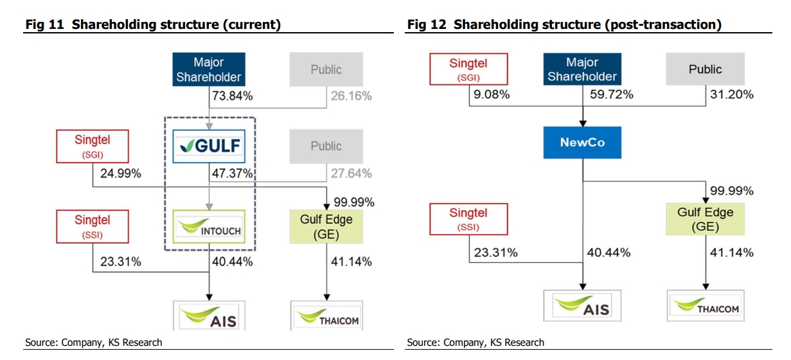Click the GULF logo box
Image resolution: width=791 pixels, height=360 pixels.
click(209, 147)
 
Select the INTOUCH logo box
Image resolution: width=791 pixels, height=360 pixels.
click(209, 226)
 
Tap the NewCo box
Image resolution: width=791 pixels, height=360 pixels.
click(582, 142)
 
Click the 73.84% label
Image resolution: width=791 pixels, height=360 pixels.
click(233, 96)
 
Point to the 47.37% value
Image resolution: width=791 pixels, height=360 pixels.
click(233, 174)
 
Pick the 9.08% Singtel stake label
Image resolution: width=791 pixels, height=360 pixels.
click(492, 94)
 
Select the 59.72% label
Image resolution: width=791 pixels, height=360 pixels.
click(612, 94)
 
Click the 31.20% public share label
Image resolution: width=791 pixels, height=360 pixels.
click(732, 94)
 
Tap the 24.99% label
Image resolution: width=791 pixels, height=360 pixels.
click(121, 174)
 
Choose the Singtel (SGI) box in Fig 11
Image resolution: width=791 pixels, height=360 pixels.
click(93, 147)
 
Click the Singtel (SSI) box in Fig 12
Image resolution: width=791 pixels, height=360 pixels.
click(468, 219)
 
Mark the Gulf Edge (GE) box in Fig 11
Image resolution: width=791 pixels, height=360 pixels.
click(326, 226)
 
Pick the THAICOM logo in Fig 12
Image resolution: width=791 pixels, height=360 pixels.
click(706, 305)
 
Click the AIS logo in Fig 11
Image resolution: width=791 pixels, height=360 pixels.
click(209, 316)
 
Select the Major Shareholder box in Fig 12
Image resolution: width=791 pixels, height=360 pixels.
click(582, 69)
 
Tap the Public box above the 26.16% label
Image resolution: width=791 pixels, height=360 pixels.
click(326, 69)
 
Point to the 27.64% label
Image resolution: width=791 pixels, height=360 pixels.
click(351, 174)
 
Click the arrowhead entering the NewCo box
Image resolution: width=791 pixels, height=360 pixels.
click(583, 123)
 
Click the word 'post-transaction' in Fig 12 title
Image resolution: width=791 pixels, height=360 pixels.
click(662, 24)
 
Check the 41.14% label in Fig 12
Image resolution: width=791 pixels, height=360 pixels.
click(732, 253)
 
